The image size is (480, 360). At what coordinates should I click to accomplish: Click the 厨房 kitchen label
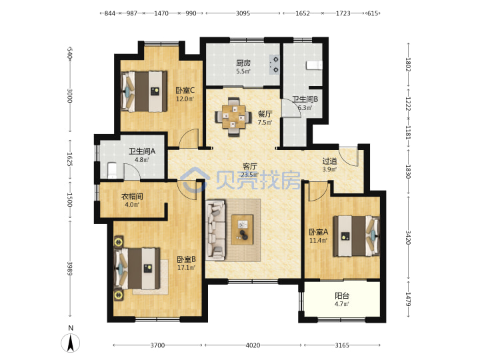click(x=243, y=63)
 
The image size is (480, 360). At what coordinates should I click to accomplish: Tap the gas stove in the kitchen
click(x=275, y=65)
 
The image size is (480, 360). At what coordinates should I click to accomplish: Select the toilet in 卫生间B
click(x=315, y=65)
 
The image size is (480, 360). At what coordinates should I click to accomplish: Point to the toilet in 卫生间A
click(x=112, y=171)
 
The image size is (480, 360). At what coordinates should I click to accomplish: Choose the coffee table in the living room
click(x=243, y=229)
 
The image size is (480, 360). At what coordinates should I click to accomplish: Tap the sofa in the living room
click(x=215, y=230)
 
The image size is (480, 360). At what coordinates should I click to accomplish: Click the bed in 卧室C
click(x=144, y=91)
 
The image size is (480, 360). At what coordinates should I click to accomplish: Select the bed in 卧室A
click(x=356, y=236)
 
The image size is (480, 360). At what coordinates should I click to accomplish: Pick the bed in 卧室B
click(x=137, y=269)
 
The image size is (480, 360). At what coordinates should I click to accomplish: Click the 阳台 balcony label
click(x=341, y=296)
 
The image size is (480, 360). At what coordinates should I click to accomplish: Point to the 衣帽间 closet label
click(x=132, y=196)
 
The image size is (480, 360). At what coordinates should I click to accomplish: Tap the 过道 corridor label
click(x=330, y=161)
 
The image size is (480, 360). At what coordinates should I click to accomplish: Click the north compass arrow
click(x=71, y=343)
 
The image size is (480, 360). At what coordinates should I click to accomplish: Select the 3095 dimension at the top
click(x=243, y=13)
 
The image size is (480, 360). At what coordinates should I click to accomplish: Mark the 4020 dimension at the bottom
click(x=253, y=345)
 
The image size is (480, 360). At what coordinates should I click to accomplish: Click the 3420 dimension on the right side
click(x=408, y=237)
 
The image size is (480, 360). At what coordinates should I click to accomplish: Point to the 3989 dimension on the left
click(x=70, y=268)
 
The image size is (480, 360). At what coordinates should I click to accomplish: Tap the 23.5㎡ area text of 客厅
click(x=250, y=175)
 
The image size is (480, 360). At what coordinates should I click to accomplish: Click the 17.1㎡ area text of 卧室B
click(x=187, y=267)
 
